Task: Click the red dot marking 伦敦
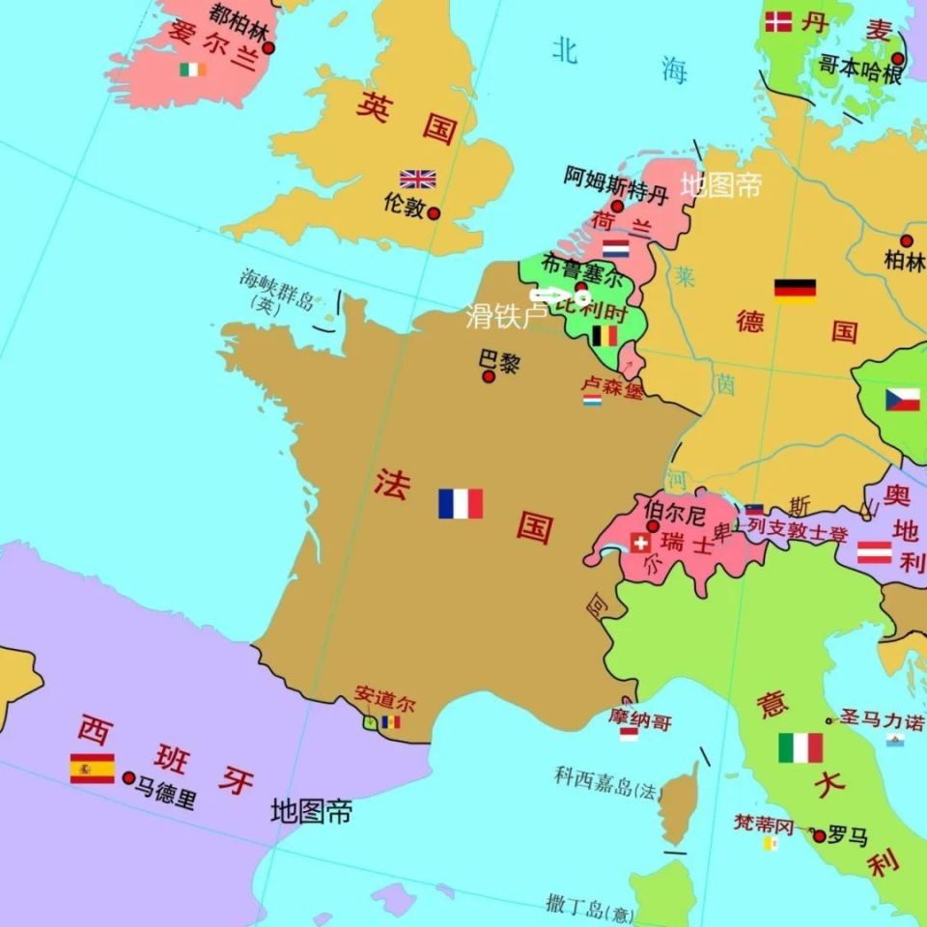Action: click(x=435, y=212)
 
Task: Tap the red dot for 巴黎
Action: click(x=489, y=376)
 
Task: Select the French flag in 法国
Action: click(x=460, y=503)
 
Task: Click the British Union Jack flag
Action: click(x=418, y=179)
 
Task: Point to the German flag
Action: click(x=795, y=291)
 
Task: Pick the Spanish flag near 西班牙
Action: click(x=92, y=769)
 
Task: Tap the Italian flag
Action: click(x=801, y=747)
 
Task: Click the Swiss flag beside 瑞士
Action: click(x=639, y=543)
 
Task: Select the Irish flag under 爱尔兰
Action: click(x=192, y=70)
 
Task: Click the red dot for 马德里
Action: click(x=128, y=777)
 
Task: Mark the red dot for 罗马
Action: click(x=819, y=835)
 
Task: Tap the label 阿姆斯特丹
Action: click(x=616, y=177)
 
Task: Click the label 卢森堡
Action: click(x=611, y=383)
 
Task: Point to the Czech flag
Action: click(x=903, y=400)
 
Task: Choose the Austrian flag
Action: click(x=874, y=552)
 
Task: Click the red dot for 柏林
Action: click(x=906, y=241)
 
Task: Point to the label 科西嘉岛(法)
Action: click(x=609, y=782)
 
